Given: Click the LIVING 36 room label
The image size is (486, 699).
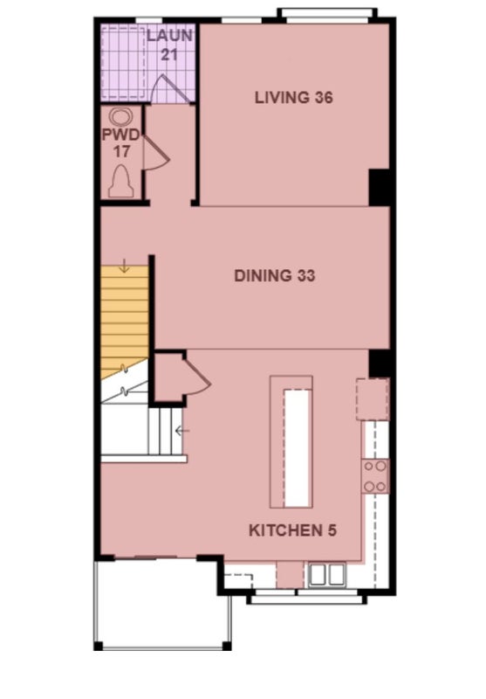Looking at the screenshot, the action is click(294, 97).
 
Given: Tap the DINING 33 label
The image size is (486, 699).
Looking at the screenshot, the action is click(275, 275).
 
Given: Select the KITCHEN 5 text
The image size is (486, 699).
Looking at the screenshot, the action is click(292, 530).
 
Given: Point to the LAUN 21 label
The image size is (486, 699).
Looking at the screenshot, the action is click(169, 45).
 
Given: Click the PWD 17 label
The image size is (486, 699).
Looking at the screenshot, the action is click(121, 142).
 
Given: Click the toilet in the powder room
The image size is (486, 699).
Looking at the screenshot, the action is click(121, 181).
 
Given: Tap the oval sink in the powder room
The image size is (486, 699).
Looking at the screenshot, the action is click(121, 117).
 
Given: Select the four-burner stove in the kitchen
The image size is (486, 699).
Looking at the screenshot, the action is click(375, 476).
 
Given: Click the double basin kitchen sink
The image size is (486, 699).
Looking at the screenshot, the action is click(327, 575).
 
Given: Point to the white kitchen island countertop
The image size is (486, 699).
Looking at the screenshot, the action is click(297, 447).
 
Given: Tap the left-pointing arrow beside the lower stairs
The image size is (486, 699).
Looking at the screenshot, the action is click(182, 431).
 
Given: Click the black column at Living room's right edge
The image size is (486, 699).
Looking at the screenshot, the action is click(380, 187).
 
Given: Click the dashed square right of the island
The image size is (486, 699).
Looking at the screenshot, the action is click(373, 399).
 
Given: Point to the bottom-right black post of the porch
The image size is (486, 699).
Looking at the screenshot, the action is click(226, 646).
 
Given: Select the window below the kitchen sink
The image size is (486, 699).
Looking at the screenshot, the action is click(307, 597).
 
